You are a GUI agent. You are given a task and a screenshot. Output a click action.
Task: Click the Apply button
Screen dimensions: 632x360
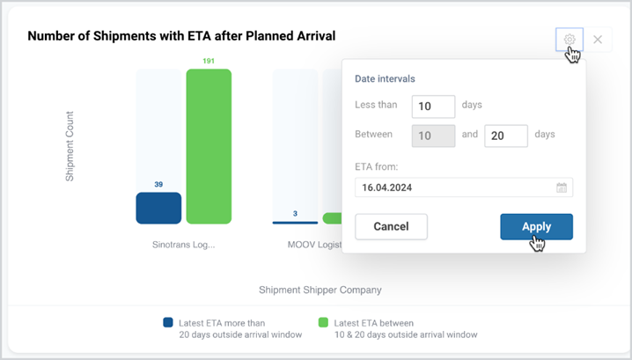[x=536, y=226]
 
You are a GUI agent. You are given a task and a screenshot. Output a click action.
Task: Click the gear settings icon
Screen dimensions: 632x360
[x=570, y=40]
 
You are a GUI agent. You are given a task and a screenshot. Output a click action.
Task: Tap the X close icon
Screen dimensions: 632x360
[x=598, y=40]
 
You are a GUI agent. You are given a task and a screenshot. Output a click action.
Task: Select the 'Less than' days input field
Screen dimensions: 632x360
[x=433, y=107]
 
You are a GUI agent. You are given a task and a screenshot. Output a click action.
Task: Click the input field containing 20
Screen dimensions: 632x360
[x=506, y=136]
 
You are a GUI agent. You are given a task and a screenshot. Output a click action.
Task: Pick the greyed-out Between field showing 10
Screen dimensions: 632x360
[x=433, y=136]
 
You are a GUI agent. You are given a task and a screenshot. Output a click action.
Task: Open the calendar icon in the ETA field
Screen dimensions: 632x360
[x=562, y=187]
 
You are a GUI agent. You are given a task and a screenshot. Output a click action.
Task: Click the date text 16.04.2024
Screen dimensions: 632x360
[x=387, y=187]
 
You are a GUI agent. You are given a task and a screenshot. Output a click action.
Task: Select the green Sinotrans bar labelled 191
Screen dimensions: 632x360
[x=209, y=146]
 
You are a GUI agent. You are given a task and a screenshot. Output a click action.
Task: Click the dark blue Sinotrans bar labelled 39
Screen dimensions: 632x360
[x=158, y=208]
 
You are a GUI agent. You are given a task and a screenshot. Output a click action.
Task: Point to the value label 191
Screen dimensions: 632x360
[x=209, y=61]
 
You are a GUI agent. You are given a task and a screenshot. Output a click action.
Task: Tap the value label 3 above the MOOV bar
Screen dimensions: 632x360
[x=295, y=214]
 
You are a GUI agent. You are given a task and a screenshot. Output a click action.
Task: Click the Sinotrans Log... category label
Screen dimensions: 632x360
[x=183, y=245]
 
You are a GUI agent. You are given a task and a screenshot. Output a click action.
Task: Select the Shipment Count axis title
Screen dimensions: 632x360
[x=70, y=146]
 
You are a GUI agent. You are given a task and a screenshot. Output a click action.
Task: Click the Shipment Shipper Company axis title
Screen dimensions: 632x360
[x=320, y=290]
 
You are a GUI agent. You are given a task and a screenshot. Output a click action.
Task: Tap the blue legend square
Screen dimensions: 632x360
[x=168, y=322]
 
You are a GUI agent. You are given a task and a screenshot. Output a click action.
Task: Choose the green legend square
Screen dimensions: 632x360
[x=323, y=322]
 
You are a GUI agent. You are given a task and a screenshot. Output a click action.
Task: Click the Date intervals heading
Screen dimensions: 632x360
[x=385, y=78]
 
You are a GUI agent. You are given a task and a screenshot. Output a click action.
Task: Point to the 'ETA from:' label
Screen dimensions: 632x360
[x=376, y=167]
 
